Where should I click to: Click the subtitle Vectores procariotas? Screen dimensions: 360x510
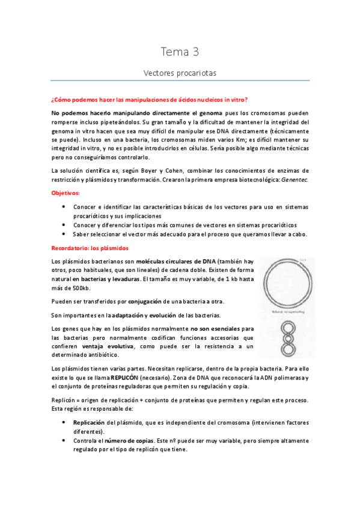coord(180,73)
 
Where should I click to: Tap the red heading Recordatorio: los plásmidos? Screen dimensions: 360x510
coord(89,248)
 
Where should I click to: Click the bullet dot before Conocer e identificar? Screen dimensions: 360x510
coord(64,206)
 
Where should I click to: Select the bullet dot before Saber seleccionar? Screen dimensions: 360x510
coord(64,234)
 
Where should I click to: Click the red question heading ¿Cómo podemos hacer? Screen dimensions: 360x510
coord(150,100)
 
